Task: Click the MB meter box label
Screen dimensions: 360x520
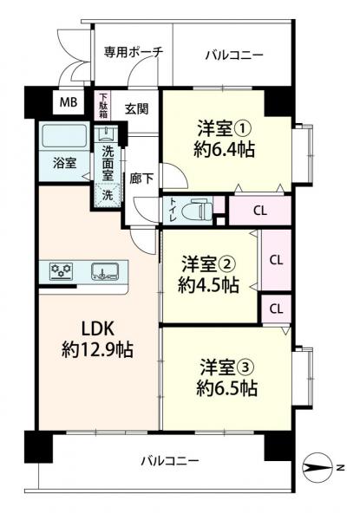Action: [69, 102]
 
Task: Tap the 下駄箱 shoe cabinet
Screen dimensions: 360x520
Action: [103, 106]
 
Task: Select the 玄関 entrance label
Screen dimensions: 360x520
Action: [137, 108]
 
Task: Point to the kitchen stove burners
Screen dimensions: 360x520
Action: [61, 271]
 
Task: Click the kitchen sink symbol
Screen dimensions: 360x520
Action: [105, 271]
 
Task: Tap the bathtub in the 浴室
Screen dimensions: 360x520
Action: [64, 136]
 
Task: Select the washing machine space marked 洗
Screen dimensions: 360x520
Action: [108, 195]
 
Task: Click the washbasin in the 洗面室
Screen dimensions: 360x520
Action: [108, 134]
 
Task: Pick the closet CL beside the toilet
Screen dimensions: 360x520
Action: [259, 211]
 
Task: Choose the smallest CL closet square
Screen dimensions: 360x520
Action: [276, 309]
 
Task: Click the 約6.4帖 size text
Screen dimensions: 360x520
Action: [225, 150]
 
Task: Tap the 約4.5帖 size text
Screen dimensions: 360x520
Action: [209, 285]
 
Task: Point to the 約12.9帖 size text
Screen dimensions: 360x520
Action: [97, 349]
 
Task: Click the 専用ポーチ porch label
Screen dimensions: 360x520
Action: [134, 52]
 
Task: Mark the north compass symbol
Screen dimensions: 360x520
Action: [318, 468]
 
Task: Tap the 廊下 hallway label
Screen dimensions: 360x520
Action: [141, 179]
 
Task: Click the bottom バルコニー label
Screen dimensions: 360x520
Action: [170, 461]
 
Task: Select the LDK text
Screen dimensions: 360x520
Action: [98, 328]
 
